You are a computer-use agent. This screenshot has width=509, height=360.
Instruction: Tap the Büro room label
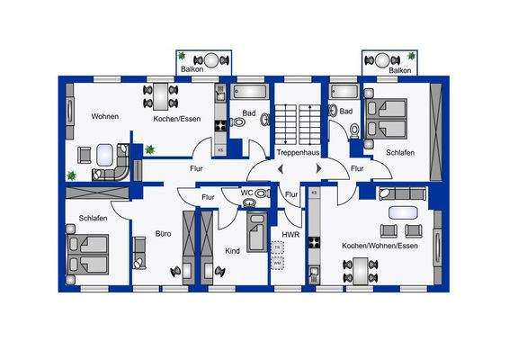[163, 233]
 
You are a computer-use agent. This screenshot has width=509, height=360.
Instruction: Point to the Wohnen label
[106, 117]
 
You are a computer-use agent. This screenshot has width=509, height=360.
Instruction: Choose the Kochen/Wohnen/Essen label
[380, 245]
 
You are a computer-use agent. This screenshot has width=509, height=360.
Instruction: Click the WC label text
[246, 193]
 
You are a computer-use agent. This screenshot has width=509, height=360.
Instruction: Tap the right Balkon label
[400, 69]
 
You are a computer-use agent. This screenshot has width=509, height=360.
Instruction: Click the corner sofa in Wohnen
[114, 168]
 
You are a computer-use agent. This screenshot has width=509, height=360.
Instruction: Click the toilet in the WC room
[261, 193]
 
